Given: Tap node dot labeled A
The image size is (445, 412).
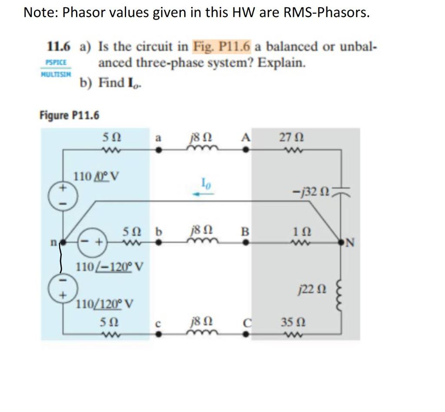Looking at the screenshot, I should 246,150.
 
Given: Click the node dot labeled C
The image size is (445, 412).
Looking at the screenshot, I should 246,335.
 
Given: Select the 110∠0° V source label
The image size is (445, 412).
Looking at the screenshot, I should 97,176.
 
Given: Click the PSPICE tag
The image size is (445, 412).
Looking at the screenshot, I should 56,63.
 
